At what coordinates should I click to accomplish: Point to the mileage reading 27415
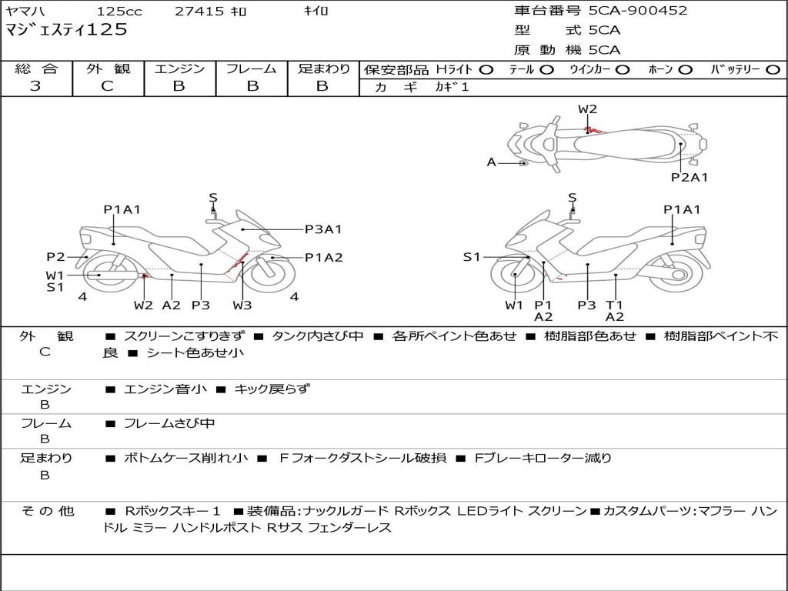(x=199, y=12)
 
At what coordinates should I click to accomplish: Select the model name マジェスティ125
(x=66, y=31)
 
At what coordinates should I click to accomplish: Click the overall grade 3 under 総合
(x=35, y=86)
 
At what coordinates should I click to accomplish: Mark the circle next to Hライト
(x=486, y=70)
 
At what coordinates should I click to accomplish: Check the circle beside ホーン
(x=686, y=70)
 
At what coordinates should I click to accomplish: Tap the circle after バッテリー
(x=773, y=70)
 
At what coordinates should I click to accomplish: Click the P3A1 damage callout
(x=323, y=229)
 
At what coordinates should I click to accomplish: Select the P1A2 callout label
(x=323, y=258)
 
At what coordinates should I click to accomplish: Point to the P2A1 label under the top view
(x=689, y=178)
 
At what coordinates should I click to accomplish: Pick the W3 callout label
(x=242, y=306)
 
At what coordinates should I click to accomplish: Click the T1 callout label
(x=614, y=305)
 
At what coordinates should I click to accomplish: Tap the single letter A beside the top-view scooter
(x=492, y=162)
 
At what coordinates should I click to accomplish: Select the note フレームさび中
(x=169, y=423)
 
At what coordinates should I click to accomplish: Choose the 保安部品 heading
(x=397, y=70)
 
